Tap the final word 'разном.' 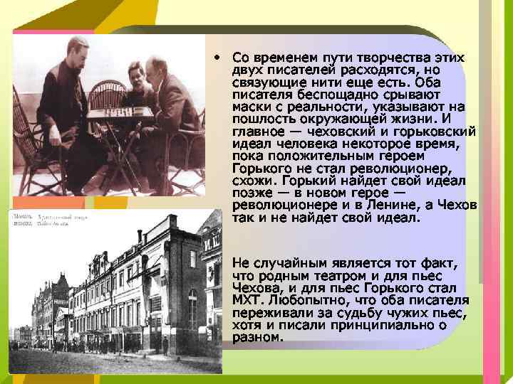[x=257, y=338]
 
